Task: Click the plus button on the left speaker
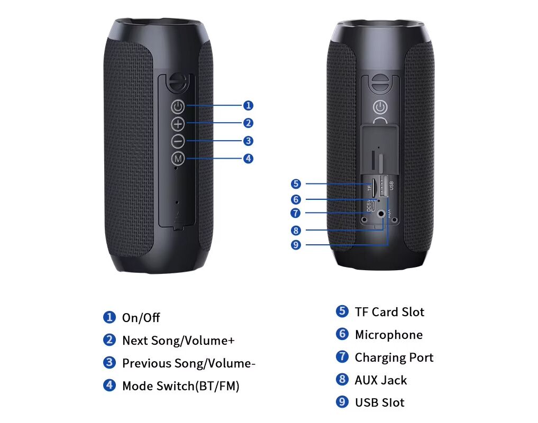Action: pos(178,124)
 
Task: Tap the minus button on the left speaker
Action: pos(178,141)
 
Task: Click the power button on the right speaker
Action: pos(380,108)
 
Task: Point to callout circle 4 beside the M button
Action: pos(248,158)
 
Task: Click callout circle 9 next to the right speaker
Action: pos(296,245)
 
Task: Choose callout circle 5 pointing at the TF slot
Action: pos(296,184)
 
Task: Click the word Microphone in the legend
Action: pos(388,335)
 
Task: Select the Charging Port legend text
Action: pos(394,357)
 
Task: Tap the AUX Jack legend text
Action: pos(381,380)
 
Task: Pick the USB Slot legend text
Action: pos(379,402)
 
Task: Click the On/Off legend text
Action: pos(141,318)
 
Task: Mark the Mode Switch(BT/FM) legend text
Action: pos(180,386)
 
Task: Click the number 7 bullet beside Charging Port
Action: pos(342,357)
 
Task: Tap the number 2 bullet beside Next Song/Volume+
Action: pos(109,340)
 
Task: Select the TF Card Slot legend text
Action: pos(389,312)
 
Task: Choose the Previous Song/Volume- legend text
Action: pos(189,363)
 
